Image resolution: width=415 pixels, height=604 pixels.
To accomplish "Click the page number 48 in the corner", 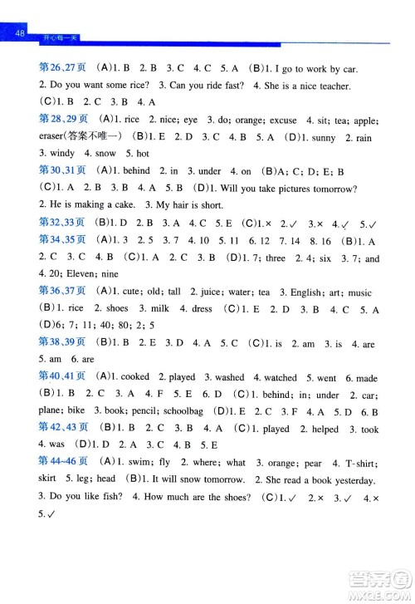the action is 22,32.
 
